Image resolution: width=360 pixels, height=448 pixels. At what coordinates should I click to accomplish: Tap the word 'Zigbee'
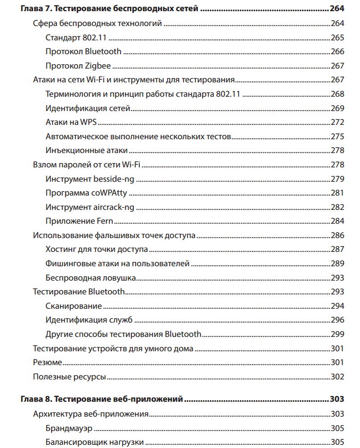94,66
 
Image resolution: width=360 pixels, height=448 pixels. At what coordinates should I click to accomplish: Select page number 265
337,38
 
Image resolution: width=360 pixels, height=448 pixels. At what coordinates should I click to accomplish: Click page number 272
337,122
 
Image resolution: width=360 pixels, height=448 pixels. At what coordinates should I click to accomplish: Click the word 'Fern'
104,221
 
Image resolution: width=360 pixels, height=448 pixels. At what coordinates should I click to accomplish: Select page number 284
337,221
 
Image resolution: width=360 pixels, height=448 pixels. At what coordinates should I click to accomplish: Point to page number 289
337,263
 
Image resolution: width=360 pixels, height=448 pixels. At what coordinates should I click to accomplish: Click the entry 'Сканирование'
73,306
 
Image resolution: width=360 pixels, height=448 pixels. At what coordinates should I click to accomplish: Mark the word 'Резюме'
47,362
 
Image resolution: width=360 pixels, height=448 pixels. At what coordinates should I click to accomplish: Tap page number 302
337,377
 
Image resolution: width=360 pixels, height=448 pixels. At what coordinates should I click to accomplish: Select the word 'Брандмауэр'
70,428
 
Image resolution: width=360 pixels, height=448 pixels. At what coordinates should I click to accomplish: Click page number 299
337,334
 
